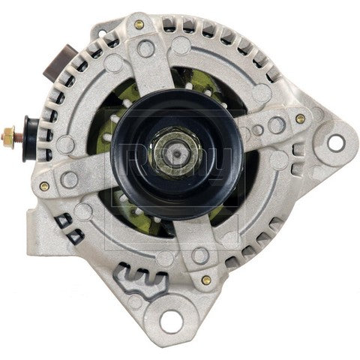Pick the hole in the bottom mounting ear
(172, 325)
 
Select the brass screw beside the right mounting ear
(300, 118)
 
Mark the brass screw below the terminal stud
(45, 185)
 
